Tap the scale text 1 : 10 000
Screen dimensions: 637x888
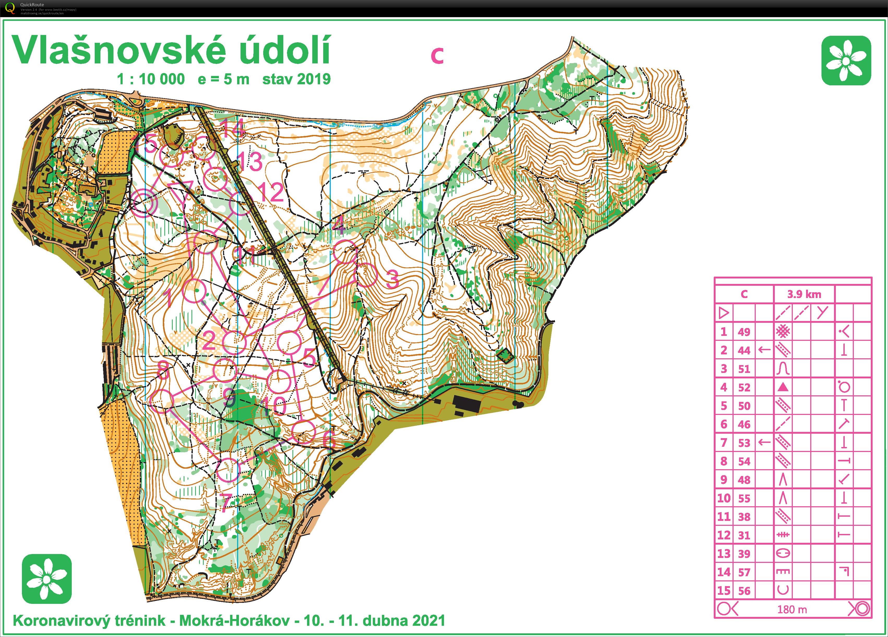[151, 79]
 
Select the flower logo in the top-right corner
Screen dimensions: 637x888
[846, 60]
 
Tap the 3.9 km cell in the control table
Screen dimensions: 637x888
[804, 294]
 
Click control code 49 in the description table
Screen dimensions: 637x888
[744, 332]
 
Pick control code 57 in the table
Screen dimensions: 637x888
[744, 572]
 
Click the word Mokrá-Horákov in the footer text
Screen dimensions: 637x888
[234, 621]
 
